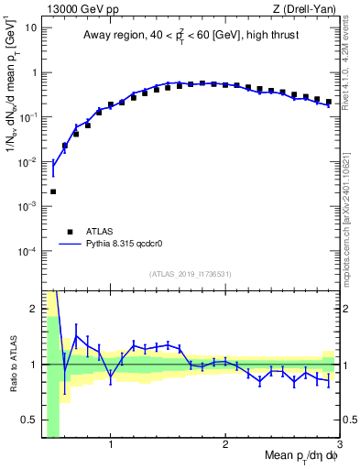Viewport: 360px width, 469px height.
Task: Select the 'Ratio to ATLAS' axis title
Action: tap(12, 364)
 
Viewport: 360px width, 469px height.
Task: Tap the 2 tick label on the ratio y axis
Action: tap(34, 309)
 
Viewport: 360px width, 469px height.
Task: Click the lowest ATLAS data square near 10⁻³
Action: tap(53, 191)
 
